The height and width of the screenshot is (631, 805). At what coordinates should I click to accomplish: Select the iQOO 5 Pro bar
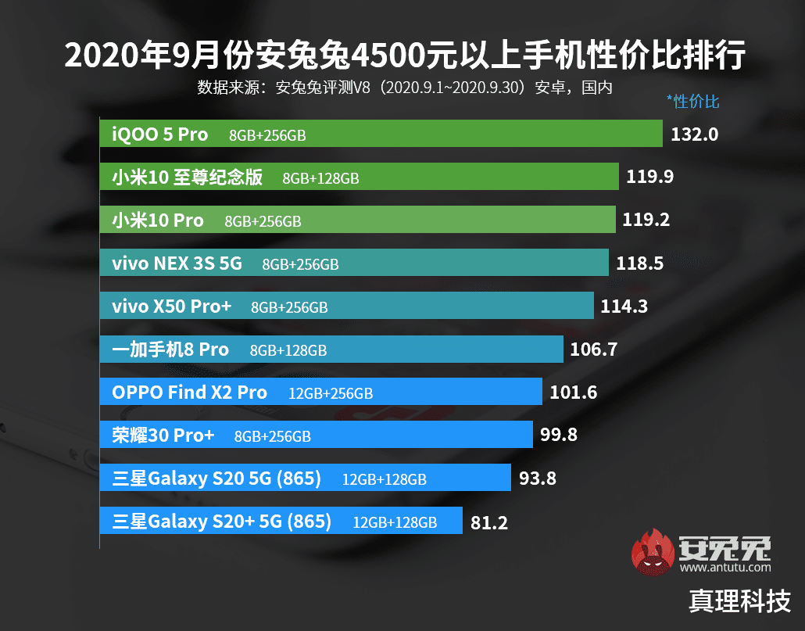point(381,134)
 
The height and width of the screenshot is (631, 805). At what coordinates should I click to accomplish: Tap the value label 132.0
point(694,134)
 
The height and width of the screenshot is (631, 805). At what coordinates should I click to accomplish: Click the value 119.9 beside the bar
point(649,177)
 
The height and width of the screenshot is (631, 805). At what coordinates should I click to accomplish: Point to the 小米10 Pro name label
point(157,220)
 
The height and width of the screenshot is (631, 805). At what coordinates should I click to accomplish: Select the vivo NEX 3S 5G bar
point(354,264)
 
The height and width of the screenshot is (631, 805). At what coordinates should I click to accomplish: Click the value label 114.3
point(624,307)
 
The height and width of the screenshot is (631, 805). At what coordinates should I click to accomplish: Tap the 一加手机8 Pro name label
point(170,350)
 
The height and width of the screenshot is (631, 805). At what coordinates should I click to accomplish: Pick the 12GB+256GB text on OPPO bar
point(331,393)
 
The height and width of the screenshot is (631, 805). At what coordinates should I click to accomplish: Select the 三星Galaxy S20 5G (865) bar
point(305,478)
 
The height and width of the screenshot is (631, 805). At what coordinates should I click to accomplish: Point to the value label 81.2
point(489,522)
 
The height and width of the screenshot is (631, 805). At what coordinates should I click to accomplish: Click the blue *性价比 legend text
point(692,101)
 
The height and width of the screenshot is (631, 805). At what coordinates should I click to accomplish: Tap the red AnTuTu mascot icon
point(653,553)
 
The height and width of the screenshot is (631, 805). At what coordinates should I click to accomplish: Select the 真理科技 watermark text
point(739,601)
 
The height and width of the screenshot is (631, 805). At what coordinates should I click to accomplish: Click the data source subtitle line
point(404,86)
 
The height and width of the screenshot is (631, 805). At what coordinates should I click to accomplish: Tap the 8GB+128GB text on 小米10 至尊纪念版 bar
point(320,178)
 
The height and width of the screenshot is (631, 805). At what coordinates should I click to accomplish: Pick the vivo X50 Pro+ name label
point(171,307)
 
